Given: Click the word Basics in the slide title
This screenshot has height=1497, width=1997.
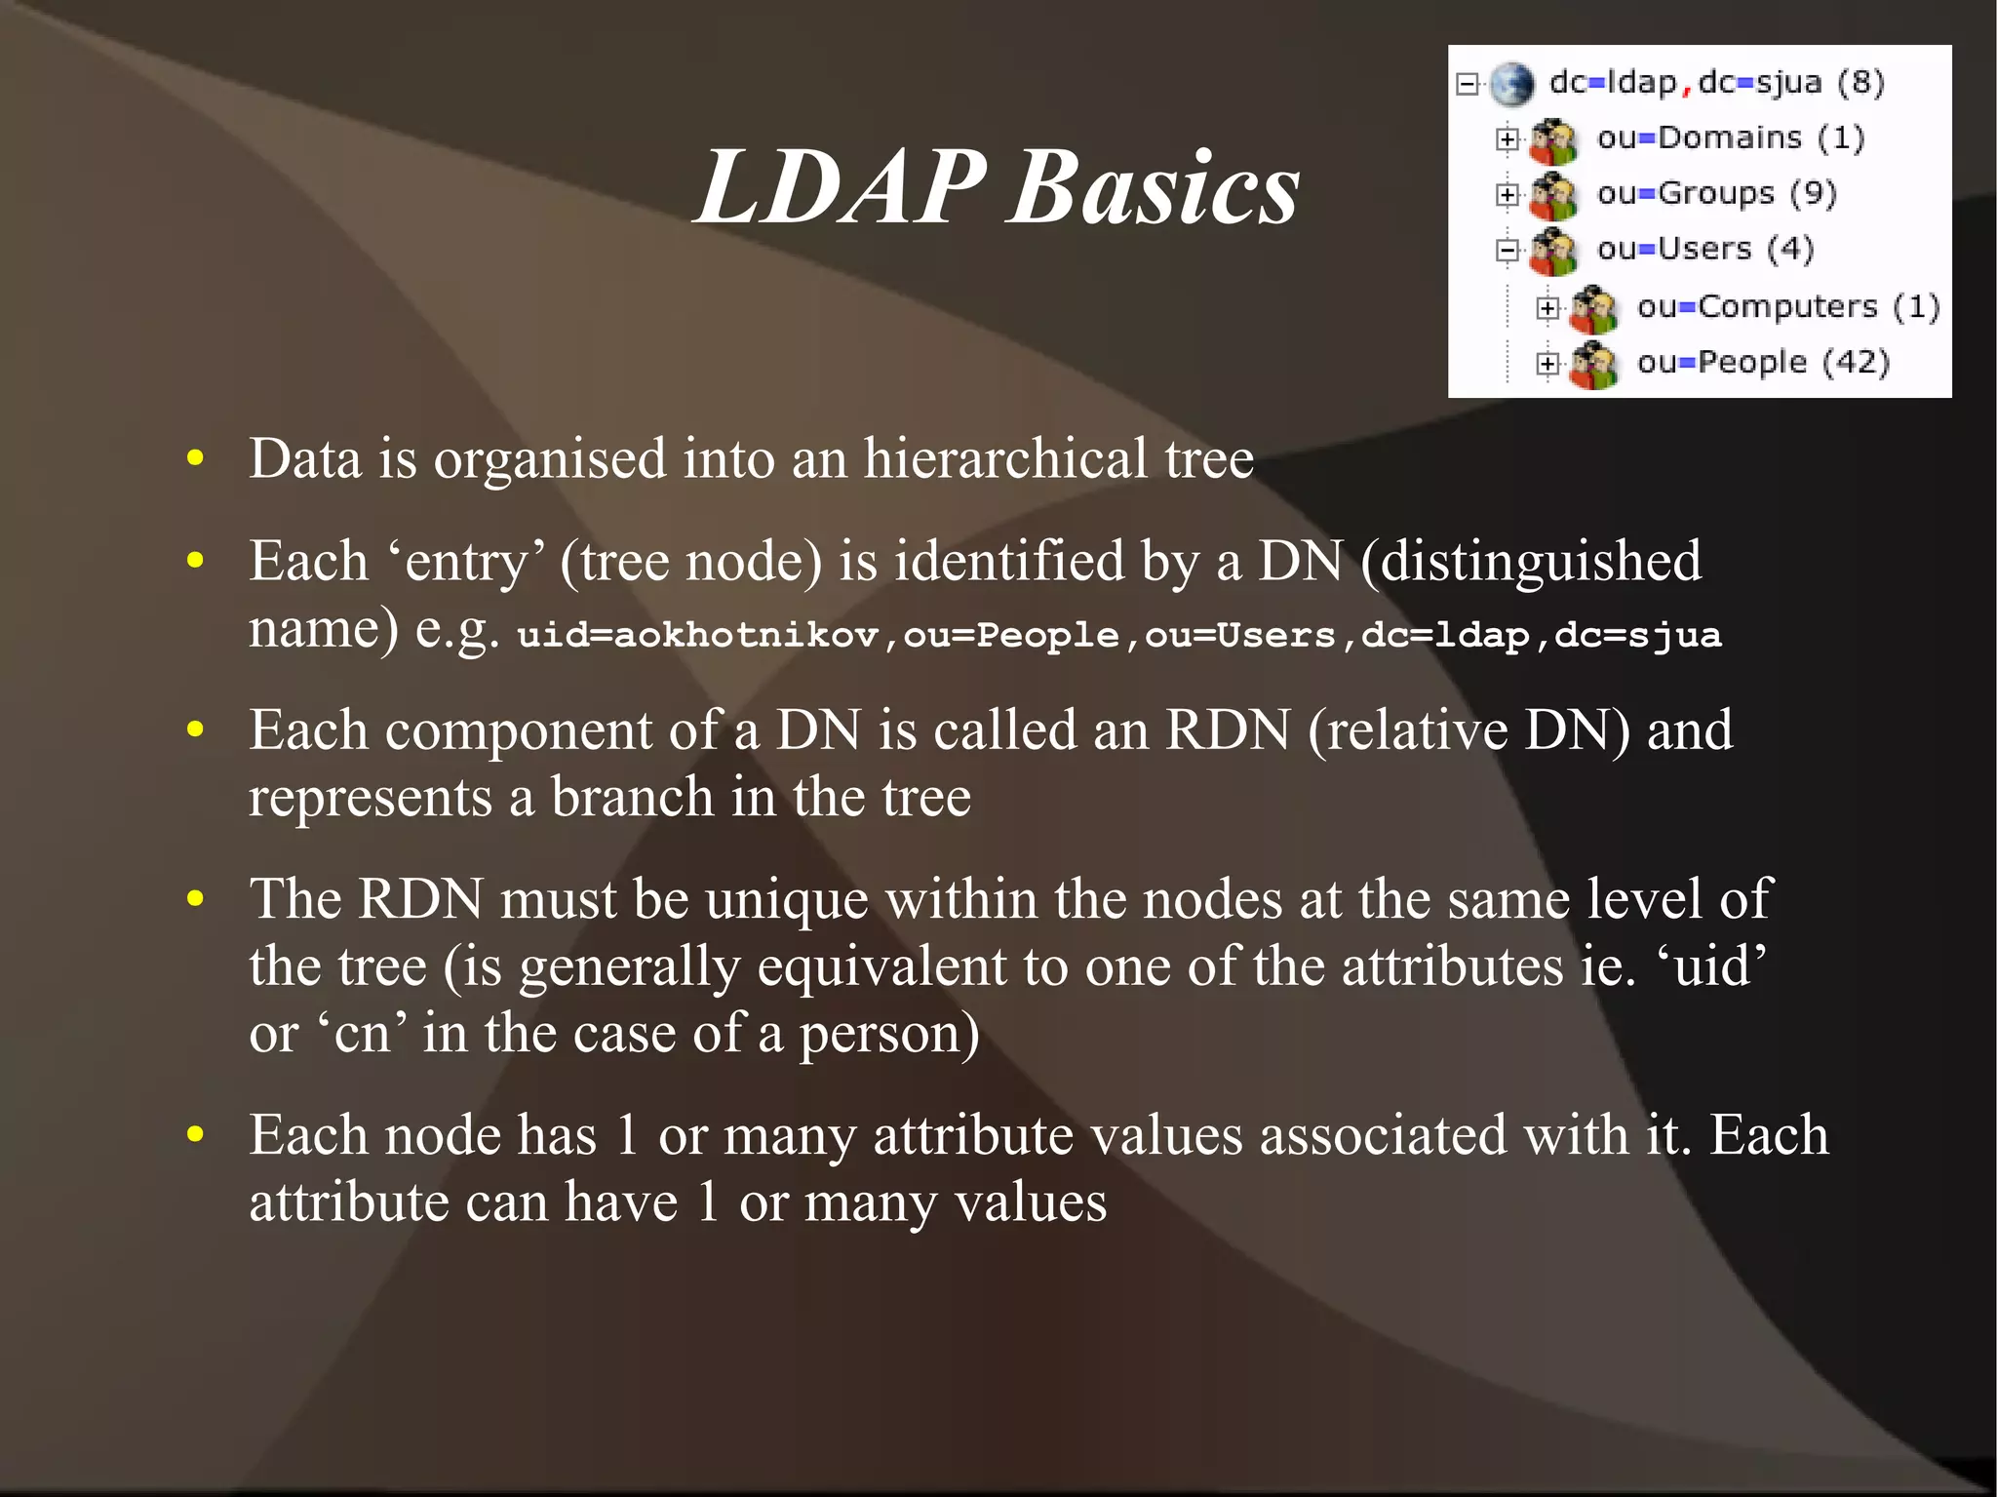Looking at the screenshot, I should click(x=1155, y=187).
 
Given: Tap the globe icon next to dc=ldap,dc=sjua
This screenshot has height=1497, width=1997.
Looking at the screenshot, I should click(x=1512, y=85).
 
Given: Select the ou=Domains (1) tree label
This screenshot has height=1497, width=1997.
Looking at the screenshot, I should click(x=1730, y=138).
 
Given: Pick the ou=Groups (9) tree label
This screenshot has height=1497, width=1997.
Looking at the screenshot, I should click(x=1716, y=194).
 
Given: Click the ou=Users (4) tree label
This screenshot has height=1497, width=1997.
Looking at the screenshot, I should click(x=1704, y=250).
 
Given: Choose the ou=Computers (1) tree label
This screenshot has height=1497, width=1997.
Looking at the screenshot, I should click(x=1788, y=307).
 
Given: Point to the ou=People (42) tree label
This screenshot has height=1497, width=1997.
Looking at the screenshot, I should click(x=1763, y=363).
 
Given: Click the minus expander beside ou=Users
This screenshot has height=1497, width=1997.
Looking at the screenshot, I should click(x=1508, y=251).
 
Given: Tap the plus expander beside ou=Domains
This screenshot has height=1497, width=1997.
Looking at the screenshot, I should click(x=1508, y=139).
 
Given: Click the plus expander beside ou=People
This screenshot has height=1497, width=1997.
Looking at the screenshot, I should click(x=1547, y=364).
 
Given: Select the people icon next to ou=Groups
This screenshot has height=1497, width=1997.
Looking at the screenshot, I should click(x=1553, y=196).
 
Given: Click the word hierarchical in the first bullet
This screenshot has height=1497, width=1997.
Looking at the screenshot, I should click(x=1005, y=458).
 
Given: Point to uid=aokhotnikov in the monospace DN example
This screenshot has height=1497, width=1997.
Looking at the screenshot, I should click(x=697, y=635).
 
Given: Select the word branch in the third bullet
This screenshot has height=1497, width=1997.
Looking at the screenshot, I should click(x=632, y=798).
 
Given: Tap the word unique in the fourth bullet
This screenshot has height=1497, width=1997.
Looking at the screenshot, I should click(x=786, y=899).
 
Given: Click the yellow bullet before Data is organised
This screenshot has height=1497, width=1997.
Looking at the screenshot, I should click(x=196, y=458).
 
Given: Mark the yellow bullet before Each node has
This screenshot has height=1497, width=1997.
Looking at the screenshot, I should click(x=196, y=1134).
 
